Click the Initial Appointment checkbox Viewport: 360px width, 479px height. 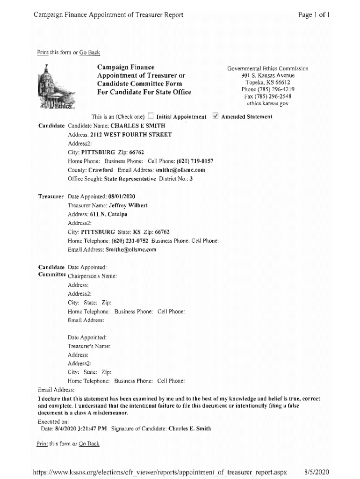point(151,116)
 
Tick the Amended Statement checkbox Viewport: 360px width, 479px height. point(215,116)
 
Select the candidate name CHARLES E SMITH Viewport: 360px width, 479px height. point(137,126)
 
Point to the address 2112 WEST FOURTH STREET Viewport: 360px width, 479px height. point(130,135)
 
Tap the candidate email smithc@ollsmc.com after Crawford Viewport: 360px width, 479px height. point(180,170)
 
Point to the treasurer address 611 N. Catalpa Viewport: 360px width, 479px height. point(109,214)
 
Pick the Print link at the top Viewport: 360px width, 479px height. point(42,52)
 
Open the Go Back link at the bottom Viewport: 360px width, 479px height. point(89,443)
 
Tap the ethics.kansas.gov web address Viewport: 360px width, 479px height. point(268,103)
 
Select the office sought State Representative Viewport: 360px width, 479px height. point(130,179)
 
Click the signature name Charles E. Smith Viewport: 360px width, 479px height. point(189,428)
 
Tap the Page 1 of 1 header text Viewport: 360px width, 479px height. point(314,15)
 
